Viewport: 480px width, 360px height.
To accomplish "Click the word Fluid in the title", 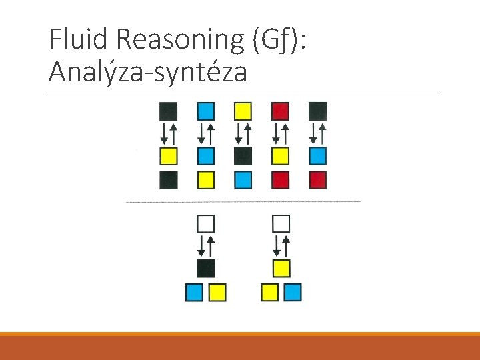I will coord(79,40).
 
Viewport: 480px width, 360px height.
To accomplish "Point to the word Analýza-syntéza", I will coord(147,72).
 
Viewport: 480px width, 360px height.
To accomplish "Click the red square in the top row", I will coord(281,111).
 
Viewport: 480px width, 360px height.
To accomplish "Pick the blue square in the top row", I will coord(206,111).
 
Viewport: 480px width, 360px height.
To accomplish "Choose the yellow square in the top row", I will coord(243,111).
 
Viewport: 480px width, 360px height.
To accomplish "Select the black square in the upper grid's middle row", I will coord(243,156).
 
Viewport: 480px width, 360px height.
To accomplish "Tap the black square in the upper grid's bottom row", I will coord(169,180).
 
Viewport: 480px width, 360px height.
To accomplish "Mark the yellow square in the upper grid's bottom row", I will coord(206,180).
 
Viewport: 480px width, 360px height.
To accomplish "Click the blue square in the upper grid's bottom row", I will coord(243,180).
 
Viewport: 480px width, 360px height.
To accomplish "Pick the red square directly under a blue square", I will coord(318,180).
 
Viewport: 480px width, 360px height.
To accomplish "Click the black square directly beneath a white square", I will coord(207,268).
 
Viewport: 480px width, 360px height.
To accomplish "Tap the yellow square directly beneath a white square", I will coord(281,268).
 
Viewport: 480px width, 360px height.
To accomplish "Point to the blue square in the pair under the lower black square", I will coord(194,292).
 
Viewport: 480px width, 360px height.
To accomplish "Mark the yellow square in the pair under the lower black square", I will coord(217,292).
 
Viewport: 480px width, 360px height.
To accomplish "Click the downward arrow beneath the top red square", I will coord(276,134).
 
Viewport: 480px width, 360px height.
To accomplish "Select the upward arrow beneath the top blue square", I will coord(211,134).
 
